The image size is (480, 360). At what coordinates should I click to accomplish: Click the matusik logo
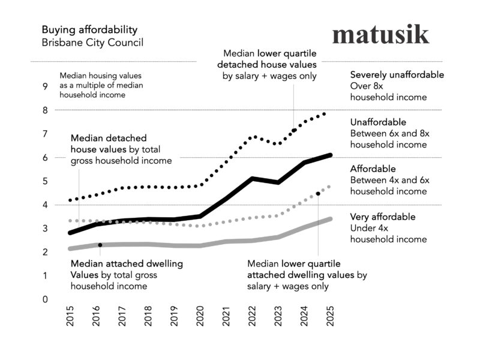pyautogui.click(x=380, y=34)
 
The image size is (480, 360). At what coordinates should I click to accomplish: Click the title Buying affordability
pyautogui.click(x=89, y=29)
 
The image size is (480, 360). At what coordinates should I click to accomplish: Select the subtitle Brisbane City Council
pyautogui.click(x=92, y=43)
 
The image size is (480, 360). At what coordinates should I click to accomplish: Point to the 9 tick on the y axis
pyautogui.click(x=44, y=86)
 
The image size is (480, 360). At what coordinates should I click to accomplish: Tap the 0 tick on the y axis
pyautogui.click(x=44, y=299)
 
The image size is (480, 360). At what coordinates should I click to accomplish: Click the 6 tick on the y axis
pyautogui.click(x=44, y=157)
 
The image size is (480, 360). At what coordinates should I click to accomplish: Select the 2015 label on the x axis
pyautogui.click(x=70, y=316)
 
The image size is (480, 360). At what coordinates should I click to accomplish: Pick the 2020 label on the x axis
pyautogui.click(x=200, y=316)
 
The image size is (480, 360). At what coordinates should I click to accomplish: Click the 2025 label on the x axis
pyautogui.click(x=329, y=316)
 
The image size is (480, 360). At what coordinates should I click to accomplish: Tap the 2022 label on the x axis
pyautogui.click(x=251, y=316)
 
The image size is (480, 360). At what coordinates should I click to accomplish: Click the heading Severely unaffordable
pyautogui.click(x=397, y=75)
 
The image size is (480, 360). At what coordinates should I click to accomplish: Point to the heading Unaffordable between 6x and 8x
pyautogui.click(x=378, y=122)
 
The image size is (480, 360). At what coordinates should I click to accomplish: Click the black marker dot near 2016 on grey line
pyautogui.click(x=100, y=245)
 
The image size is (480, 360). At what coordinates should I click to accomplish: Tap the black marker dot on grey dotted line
pyautogui.click(x=317, y=194)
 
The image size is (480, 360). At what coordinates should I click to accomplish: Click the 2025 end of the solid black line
pyautogui.click(x=331, y=155)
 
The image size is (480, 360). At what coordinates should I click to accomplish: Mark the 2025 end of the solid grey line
pyautogui.click(x=331, y=219)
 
